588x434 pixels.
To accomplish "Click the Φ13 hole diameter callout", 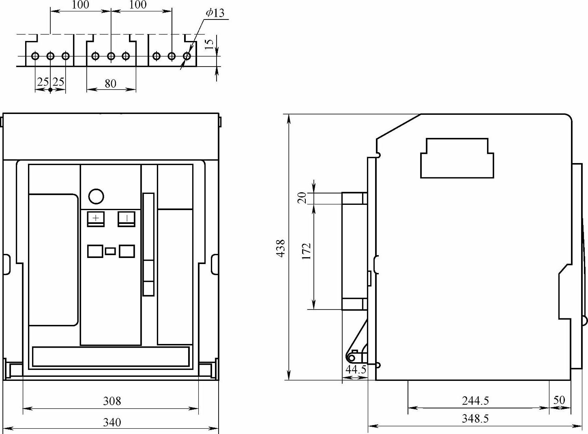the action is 215,13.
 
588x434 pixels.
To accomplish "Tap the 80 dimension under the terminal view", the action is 111,84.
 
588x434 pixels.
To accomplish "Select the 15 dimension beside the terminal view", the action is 209,44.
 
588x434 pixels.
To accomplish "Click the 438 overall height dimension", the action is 281,248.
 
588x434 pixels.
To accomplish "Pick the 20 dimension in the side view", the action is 302,198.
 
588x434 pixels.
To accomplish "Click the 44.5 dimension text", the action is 356,370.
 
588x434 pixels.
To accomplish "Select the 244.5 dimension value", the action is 475,401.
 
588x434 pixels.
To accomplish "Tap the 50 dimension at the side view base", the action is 559,400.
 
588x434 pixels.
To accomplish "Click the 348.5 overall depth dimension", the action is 475,419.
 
